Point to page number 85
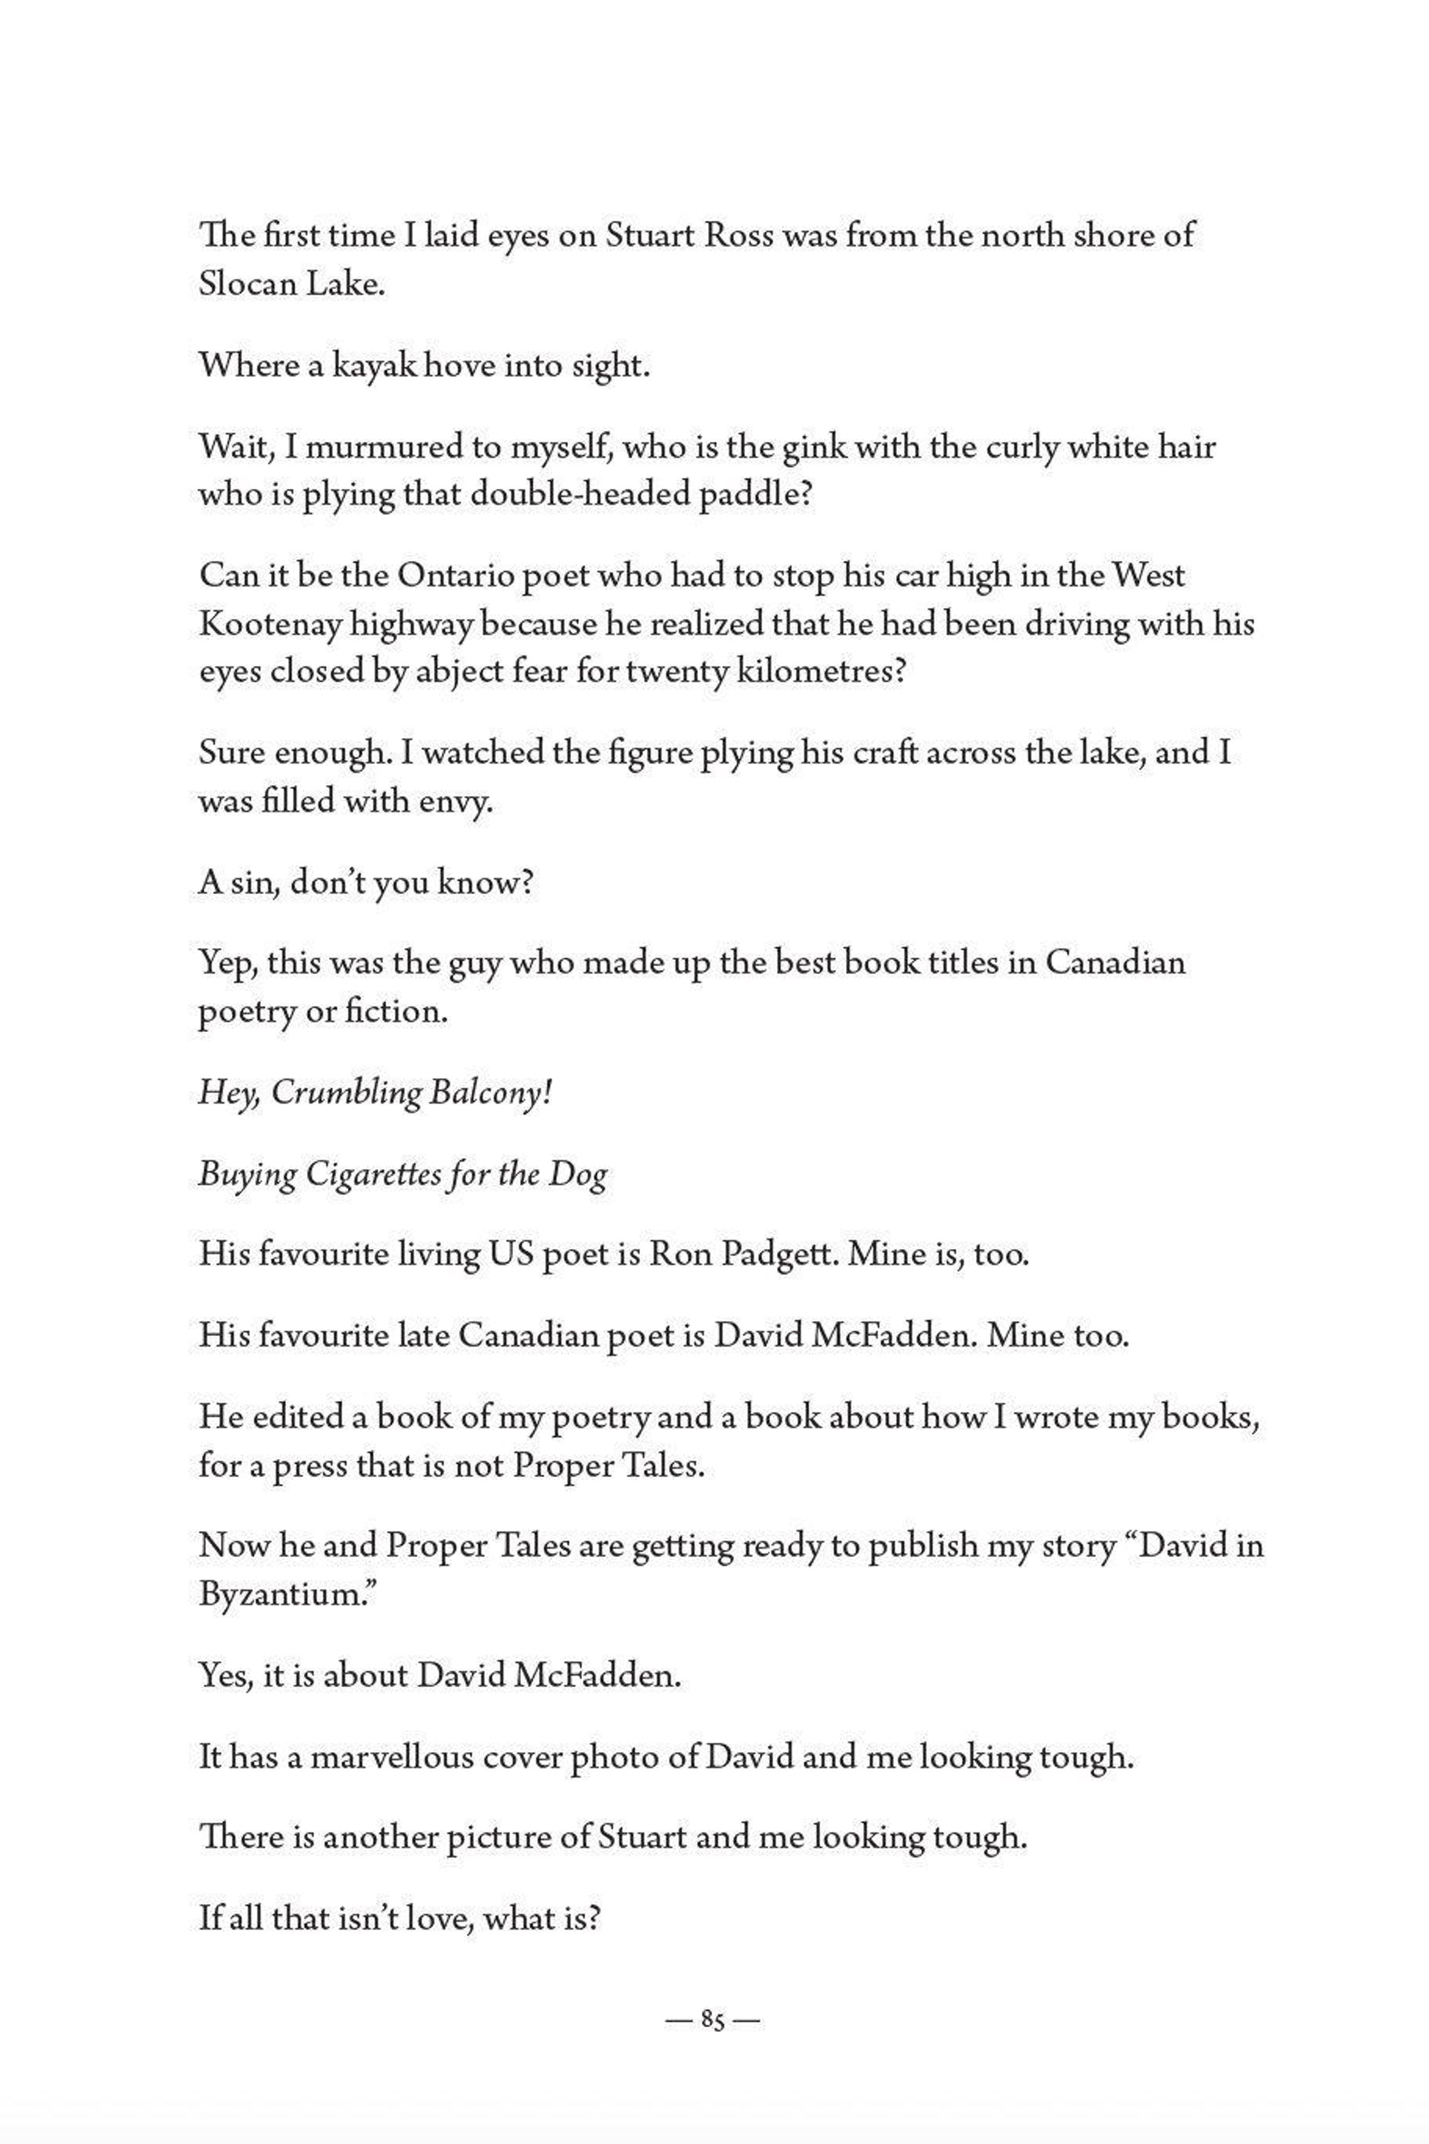click(713, 2021)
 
